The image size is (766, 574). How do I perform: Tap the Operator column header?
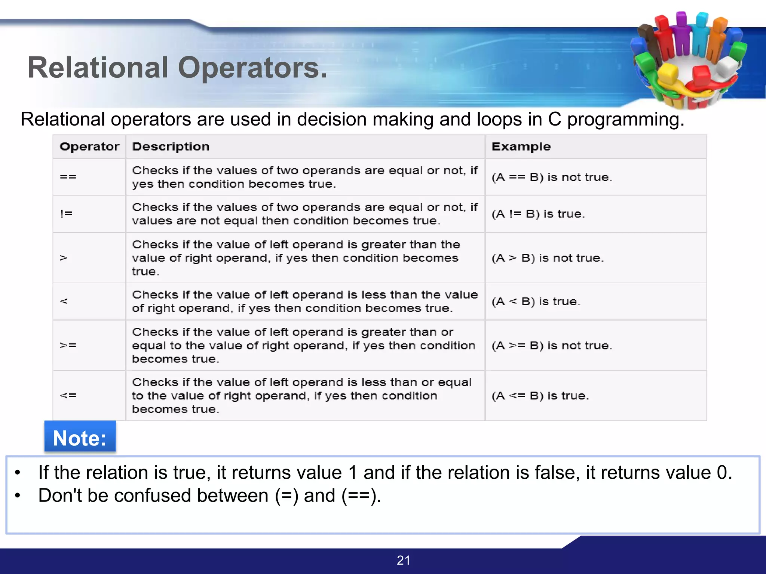coord(89,146)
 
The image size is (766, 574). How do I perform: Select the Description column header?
coord(171,146)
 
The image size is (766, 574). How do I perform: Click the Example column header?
coord(521,146)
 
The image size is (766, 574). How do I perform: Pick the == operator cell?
coord(68,177)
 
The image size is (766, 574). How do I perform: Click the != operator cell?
coord(67,214)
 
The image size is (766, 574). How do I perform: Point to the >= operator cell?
coord(68,345)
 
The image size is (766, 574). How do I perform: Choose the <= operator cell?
coord(68,395)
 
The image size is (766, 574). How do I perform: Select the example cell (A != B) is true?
coord(538,214)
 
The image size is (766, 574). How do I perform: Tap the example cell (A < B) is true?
coord(536,301)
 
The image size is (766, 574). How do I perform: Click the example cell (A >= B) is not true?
coord(552,345)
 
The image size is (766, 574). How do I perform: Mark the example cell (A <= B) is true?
coord(540,395)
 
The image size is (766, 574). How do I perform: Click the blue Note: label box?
coord(80,438)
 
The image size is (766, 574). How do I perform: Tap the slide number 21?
coord(403,560)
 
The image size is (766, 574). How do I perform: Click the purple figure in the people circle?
coord(681,34)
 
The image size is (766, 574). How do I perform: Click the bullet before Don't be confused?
coord(17,496)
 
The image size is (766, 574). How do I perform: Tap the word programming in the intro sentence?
coord(625,120)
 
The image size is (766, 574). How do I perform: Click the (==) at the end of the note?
coord(361,496)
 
